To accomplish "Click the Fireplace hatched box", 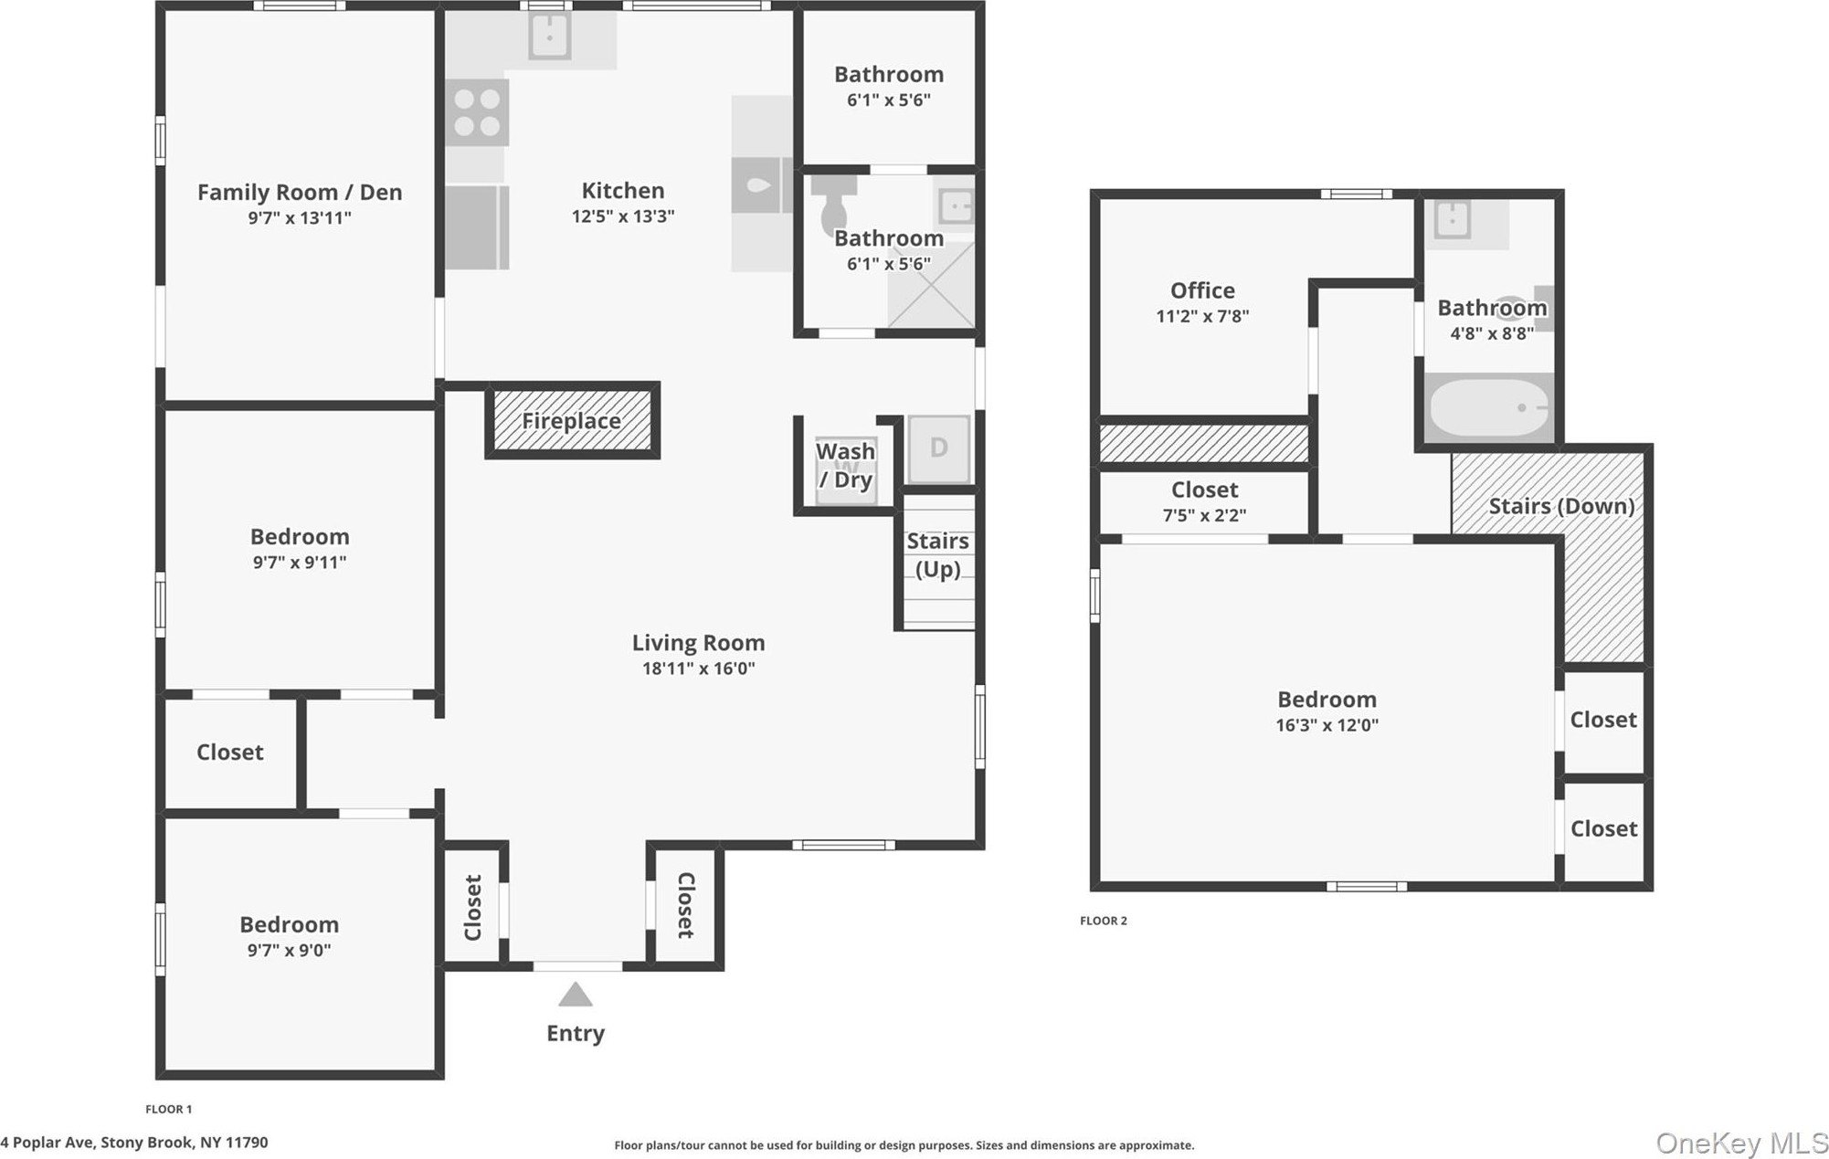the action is coord(572,420).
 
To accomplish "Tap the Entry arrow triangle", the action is coord(575,994).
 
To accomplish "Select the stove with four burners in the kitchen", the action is coord(477,112).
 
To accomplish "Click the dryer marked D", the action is coord(938,448).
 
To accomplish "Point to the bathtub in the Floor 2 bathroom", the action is coord(1489,407).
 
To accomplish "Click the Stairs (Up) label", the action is coord(937,554).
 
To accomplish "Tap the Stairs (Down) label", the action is coord(1561,506).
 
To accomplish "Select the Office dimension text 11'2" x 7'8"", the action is coord(1202,316).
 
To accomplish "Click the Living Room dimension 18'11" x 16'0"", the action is coord(698,668).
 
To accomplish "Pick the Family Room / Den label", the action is coord(300,192).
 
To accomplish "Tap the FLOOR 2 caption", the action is coord(1104,921).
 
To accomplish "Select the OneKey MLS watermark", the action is coord(1741,1143).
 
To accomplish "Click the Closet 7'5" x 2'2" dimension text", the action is coord(1204,515).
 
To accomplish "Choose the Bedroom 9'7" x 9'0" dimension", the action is coord(289,950).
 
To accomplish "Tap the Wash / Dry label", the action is coord(845,465).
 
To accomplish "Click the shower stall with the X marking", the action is coord(931,285).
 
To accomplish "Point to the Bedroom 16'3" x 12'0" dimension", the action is coord(1327,725).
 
